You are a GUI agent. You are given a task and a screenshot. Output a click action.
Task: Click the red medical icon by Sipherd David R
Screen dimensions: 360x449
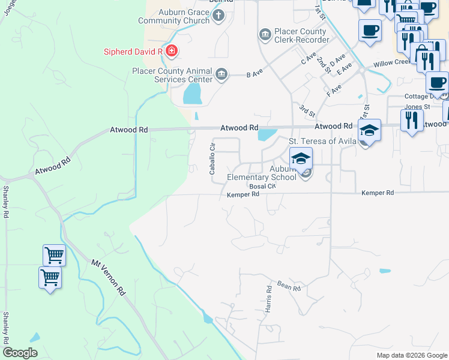pos(172,51)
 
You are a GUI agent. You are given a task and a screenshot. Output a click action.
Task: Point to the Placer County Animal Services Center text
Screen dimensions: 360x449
pos(172,75)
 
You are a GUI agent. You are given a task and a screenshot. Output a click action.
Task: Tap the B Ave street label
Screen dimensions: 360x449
pos(255,75)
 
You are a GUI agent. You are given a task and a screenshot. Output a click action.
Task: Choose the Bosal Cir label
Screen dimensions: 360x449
pos(262,186)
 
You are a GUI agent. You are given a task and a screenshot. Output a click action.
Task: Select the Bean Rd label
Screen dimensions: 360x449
pos(289,288)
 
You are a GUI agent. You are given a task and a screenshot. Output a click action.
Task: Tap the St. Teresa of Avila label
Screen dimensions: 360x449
pos(323,142)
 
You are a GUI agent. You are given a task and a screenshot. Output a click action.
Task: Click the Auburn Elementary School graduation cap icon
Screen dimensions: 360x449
pos(301,158)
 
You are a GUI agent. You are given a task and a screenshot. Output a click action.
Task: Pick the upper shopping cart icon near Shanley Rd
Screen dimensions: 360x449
pos(54,255)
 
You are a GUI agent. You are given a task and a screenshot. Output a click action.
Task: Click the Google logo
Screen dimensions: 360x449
pos(20,353)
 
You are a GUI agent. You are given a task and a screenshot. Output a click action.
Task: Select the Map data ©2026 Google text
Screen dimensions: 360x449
pos(411,355)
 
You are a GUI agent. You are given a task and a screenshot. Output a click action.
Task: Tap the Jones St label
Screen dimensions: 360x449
pos(417,107)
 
